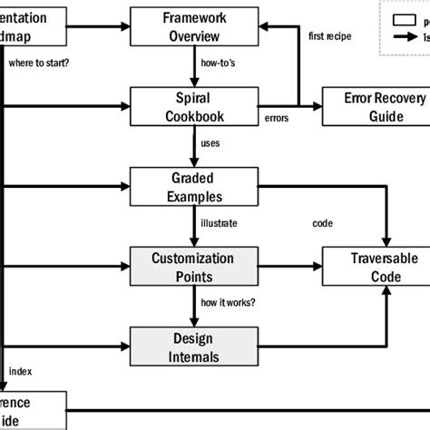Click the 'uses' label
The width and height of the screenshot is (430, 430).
tap(210, 143)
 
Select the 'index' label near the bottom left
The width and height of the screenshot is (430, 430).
tap(19, 371)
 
